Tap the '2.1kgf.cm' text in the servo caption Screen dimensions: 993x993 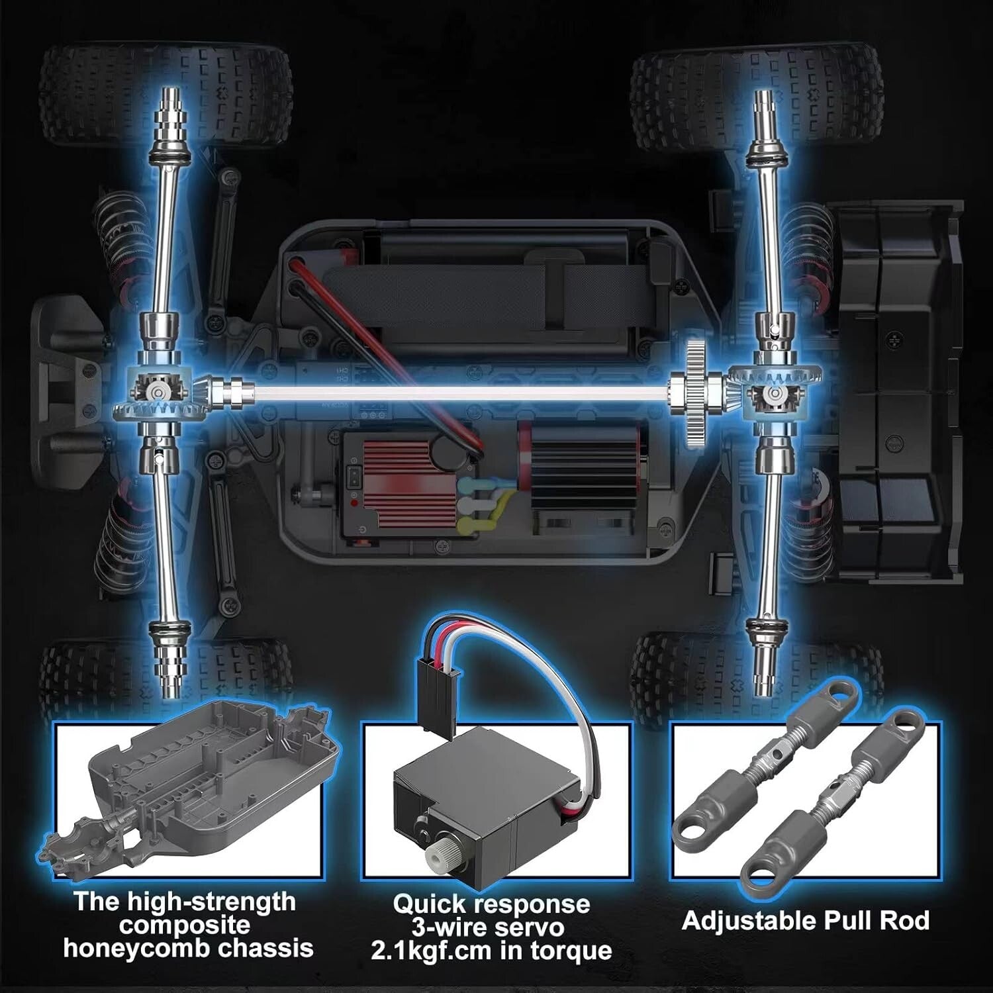pyautogui.click(x=431, y=951)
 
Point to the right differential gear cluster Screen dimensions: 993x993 pyautogui.click(x=773, y=395)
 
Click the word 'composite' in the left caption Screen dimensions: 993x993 pyautogui.click(x=185, y=925)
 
